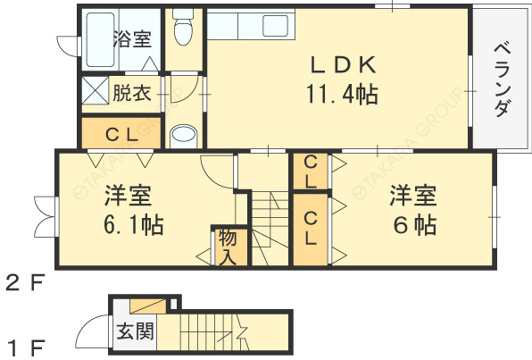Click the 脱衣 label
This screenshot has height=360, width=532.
[131, 92]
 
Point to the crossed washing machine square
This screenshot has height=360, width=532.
[95, 91]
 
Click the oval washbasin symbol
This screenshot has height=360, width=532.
[184, 135]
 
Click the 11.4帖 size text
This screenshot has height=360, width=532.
[339, 94]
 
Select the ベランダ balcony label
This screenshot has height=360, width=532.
[501, 80]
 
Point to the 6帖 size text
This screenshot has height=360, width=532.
[411, 224]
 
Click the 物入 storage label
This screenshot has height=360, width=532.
[226, 247]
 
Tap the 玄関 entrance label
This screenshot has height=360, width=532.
[135, 332]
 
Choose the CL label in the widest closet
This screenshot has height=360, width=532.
[121, 136]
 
